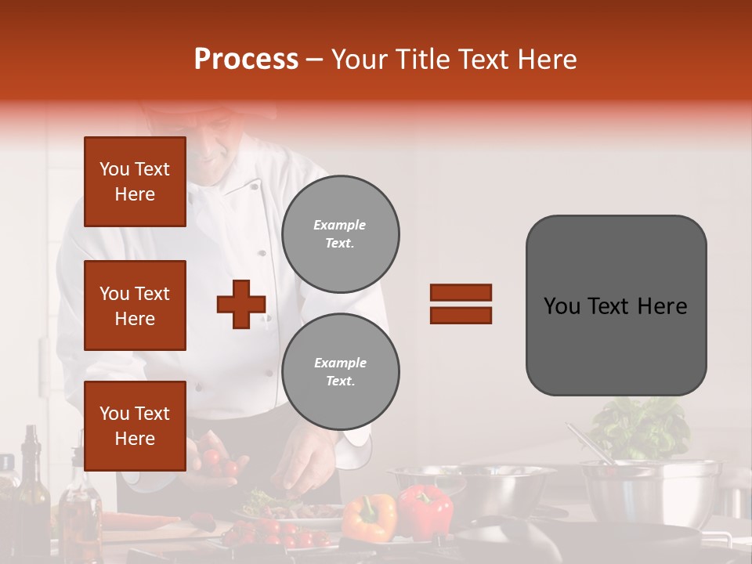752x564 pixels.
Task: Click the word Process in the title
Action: click(x=246, y=60)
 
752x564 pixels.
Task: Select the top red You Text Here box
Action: click(x=135, y=182)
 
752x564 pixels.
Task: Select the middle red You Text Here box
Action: click(x=135, y=305)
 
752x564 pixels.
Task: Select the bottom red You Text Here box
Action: click(x=135, y=425)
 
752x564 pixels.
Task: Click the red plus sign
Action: click(x=241, y=303)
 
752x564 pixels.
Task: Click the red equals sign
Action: click(x=461, y=304)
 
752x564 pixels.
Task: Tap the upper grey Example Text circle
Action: click(x=340, y=234)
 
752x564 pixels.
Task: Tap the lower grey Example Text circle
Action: click(x=340, y=372)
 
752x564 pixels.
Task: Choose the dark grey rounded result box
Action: click(x=616, y=305)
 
